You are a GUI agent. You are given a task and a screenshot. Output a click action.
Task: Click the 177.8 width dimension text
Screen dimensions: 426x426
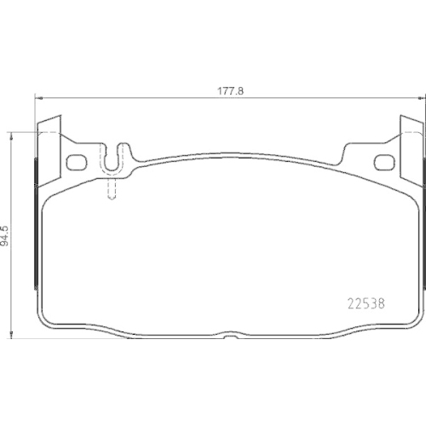pos(231,91)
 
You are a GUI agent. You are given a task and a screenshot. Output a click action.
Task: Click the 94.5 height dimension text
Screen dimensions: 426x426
pos(5,236)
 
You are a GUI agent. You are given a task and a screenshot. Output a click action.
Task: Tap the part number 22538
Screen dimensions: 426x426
pos(366,304)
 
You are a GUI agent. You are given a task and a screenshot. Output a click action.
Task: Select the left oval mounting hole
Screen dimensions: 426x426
pos(77,163)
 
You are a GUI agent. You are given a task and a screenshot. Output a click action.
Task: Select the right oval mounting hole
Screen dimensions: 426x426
pos(385,163)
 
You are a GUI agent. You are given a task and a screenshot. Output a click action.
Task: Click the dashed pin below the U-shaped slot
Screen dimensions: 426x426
pos(112,190)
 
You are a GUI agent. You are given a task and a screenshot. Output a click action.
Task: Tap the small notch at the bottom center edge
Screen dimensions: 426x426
pos(230,337)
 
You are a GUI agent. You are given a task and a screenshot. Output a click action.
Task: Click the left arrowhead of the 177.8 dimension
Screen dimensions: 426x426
pos(38,98)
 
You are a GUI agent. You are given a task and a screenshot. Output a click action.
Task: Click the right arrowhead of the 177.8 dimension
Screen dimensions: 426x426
pos(423,98)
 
